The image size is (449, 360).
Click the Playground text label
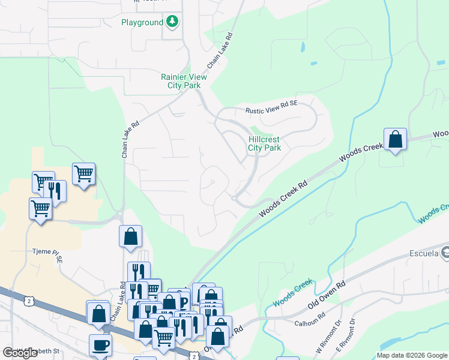pyautogui.click(x=142, y=22)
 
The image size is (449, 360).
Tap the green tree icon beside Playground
pyautogui.click(x=173, y=22)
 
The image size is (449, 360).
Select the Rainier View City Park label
pyautogui.click(x=184, y=81)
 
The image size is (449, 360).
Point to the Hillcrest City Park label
pyautogui.click(x=265, y=143)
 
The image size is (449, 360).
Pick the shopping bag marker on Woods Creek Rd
pyautogui.click(x=395, y=140)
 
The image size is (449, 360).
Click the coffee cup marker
pyautogui.click(x=100, y=346)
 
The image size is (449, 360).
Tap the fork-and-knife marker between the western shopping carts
pyautogui.click(x=55, y=192)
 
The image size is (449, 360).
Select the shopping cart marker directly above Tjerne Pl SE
pyautogui.click(x=40, y=209)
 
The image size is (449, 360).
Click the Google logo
pyautogui.click(x=20, y=353)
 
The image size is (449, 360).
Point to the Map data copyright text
pyautogui.click(x=411, y=355)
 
